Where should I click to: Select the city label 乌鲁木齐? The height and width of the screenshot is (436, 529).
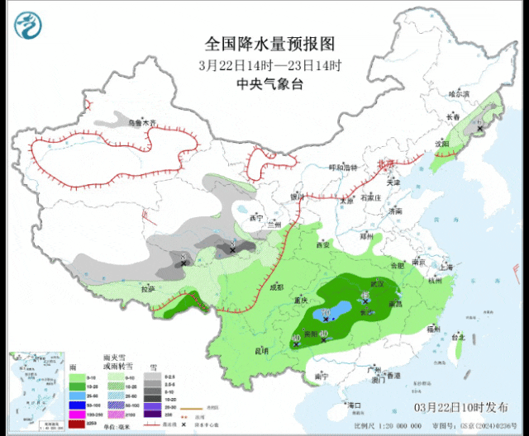pos(141,123)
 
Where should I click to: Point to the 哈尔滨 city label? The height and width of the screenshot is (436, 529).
pos(482,94)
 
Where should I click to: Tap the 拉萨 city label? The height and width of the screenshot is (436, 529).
pos(147,289)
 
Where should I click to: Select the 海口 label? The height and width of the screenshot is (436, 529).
pos(356,405)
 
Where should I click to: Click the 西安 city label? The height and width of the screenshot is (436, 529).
pos(322,244)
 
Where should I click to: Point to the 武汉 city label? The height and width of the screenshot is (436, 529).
pos(378,283)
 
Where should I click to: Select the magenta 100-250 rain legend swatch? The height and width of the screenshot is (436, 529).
pos(79,414)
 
